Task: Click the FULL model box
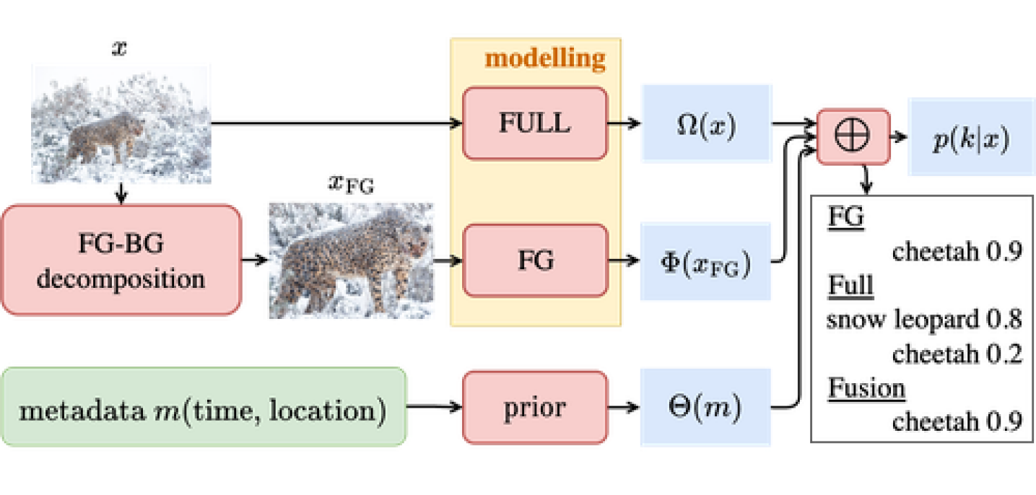pyautogui.click(x=534, y=123)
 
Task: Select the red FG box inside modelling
pyautogui.click(x=534, y=260)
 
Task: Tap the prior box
pyautogui.click(x=534, y=408)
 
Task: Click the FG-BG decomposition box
pyautogui.click(x=121, y=260)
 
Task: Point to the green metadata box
pyautogui.click(x=205, y=409)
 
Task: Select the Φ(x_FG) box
pyautogui.click(x=705, y=263)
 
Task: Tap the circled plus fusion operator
pyautogui.click(x=852, y=136)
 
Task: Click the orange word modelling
pyautogui.click(x=544, y=57)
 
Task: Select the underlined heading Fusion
pyautogui.click(x=866, y=388)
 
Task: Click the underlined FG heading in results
pyautogui.click(x=845, y=217)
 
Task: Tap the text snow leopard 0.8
pyautogui.click(x=923, y=319)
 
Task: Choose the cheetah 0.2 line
pyautogui.click(x=957, y=354)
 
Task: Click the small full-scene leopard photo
pyautogui.click(x=121, y=122)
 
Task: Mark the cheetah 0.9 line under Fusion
pyautogui.click(x=957, y=421)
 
